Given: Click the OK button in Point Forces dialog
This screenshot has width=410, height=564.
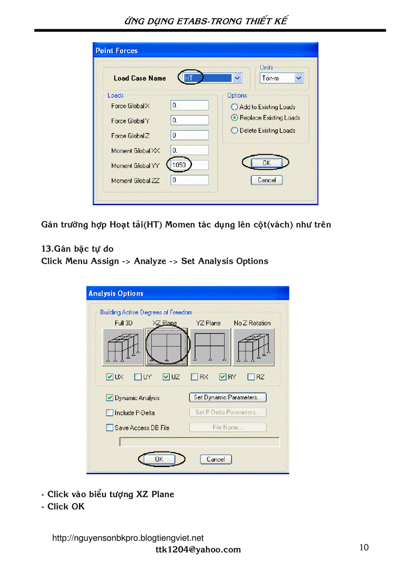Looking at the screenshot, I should point(266,163).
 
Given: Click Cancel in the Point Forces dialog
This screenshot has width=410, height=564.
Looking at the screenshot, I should point(266,180).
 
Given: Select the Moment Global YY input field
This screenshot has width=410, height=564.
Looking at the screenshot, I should point(189,165).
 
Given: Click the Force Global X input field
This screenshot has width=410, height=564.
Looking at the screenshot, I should point(189,105).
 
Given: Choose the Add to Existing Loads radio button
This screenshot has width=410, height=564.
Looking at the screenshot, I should point(235,107).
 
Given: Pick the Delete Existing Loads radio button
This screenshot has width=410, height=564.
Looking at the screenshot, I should point(235,131).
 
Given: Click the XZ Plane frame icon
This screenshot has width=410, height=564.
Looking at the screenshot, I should point(167,347).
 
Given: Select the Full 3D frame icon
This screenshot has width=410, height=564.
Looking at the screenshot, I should point(123,347).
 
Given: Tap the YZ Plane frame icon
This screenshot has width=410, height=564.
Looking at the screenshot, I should point(210,347).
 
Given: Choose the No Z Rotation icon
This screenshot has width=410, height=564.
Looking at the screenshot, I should point(253,347).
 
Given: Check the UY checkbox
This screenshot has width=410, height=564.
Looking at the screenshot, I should point(138,377).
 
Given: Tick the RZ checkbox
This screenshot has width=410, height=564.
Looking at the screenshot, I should point(251,377).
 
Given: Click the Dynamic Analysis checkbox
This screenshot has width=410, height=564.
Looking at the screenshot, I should point(110,398).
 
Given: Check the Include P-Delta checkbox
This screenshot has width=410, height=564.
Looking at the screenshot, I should point(110,413).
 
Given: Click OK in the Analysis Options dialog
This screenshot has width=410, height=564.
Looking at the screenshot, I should point(159,459).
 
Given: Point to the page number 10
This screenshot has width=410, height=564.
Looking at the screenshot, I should point(364,547).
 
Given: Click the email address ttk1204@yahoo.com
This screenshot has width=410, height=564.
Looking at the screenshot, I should point(198,549).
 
